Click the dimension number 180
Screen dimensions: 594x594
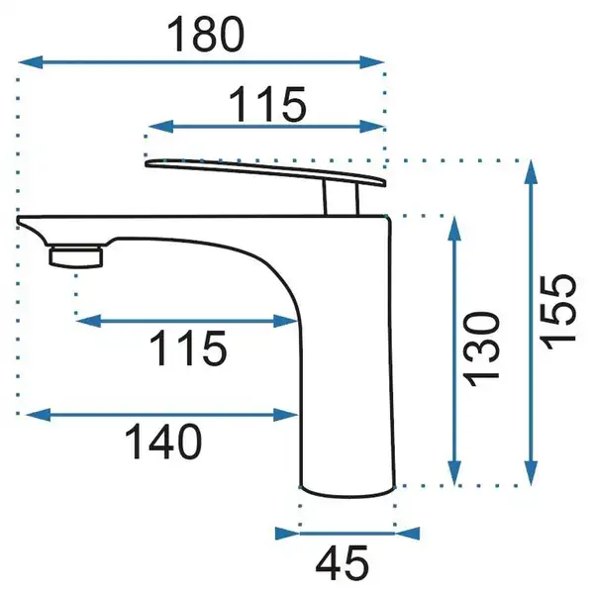(206, 35)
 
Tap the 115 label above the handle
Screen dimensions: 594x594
(267, 104)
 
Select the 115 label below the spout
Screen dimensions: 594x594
(188, 347)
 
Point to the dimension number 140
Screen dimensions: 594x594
(163, 441)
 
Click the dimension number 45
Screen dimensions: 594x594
(343, 563)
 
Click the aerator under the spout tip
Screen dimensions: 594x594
(76, 256)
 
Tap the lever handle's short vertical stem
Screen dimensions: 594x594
(341, 197)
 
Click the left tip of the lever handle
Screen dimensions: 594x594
(147, 163)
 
